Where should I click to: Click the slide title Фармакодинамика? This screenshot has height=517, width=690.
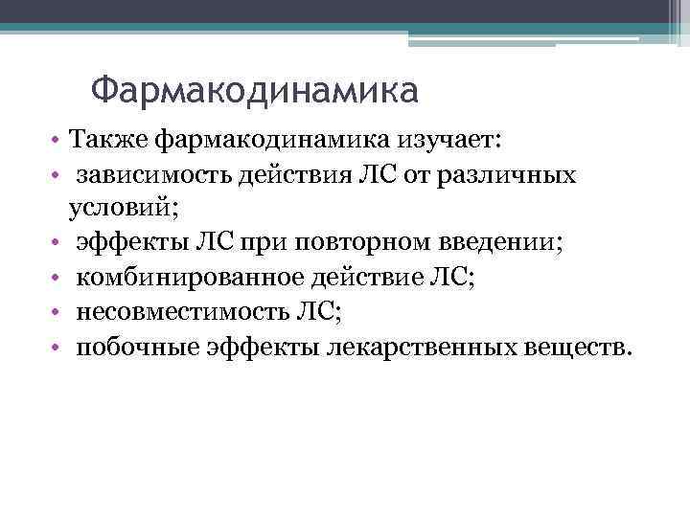255,92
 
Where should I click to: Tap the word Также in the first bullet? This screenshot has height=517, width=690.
104,143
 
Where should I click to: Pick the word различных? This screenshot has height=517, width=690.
520,176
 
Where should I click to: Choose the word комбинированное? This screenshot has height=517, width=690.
189,277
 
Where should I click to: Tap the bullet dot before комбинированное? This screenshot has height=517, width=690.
58,278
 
